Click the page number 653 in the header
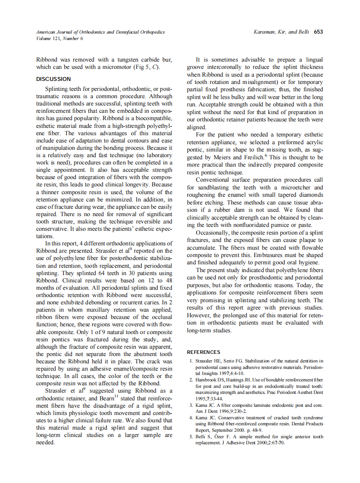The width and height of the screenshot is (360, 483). [x=319, y=32]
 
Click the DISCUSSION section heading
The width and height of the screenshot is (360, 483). [x=53, y=79]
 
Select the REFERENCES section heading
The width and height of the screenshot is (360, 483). [x=203, y=352]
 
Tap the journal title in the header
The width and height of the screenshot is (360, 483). [x=100, y=32]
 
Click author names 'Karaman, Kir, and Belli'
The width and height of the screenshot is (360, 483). [x=281, y=32]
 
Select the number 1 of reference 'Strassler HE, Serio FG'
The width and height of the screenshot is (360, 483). [x=191, y=361]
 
